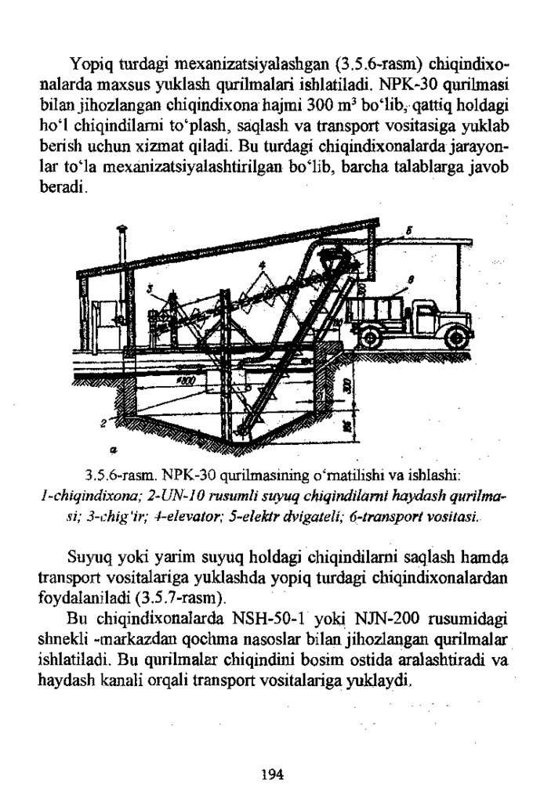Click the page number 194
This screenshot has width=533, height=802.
(x=270, y=775)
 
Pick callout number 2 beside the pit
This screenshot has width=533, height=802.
(x=103, y=424)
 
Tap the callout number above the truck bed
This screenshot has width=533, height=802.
(x=410, y=280)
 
